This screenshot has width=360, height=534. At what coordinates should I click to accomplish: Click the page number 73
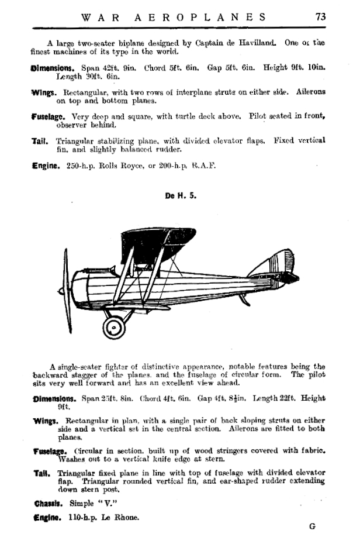click(320, 17)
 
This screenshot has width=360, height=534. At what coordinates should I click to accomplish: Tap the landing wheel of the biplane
click(115, 326)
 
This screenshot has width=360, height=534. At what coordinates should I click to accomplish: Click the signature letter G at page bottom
click(312, 526)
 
